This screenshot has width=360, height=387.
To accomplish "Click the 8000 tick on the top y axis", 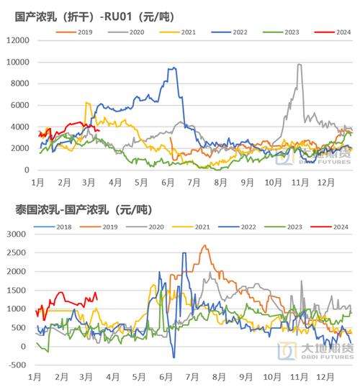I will [x=20, y=83].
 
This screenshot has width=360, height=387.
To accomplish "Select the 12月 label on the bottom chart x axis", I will [x=325, y=377].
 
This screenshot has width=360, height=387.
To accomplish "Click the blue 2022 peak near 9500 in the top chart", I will [x=173, y=68].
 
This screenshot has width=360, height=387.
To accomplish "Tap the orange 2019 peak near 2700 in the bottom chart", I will [x=204, y=246].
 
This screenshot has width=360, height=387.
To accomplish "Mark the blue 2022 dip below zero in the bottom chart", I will [x=174, y=357].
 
